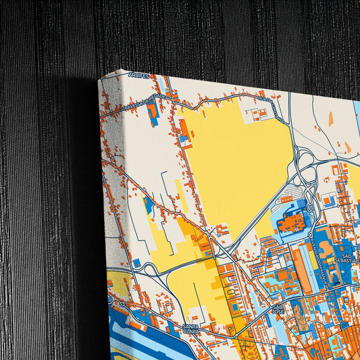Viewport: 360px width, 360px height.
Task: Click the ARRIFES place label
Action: click(x=138, y=76)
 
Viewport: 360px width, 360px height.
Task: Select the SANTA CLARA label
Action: click(x=193, y=329)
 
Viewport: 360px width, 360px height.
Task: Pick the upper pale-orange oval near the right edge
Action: click(x=331, y=119)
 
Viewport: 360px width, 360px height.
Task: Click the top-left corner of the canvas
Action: click(x=99, y=78)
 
